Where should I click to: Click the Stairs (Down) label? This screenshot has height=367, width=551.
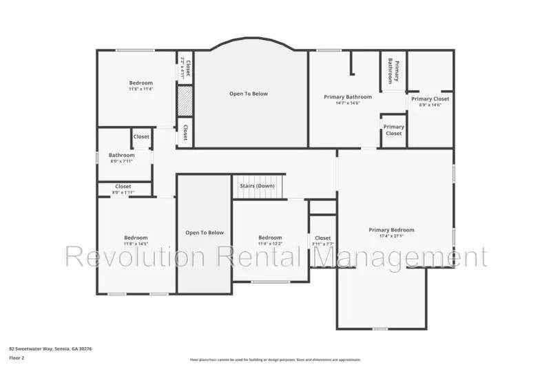point(257,186)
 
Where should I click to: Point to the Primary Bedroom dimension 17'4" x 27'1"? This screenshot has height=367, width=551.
point(391,236)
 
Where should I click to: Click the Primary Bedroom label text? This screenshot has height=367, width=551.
point(391,230)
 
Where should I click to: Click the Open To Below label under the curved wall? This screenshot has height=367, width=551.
point(249,94)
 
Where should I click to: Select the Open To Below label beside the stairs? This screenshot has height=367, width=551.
point(205,233)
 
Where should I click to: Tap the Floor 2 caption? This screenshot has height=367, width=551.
point(17,359)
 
